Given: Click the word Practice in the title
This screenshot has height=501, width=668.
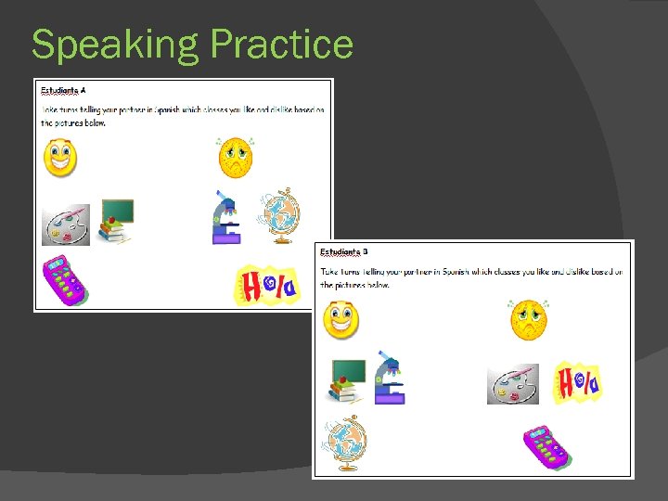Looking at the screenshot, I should (x=281, y=44).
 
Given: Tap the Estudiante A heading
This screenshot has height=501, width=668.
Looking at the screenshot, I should (x=63, y=90).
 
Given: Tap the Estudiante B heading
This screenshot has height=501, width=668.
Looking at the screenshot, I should (x=343, y=251).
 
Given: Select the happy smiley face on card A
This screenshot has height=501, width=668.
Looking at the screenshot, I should (x=61, y=158).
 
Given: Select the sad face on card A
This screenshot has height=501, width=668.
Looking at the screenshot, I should (x=235, y=157).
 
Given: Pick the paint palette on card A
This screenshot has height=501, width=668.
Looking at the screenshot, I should (x=66, y=225).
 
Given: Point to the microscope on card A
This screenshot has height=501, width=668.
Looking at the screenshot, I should (x=225, y=218).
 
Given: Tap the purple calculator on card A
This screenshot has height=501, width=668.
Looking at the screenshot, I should (x=66, y=279).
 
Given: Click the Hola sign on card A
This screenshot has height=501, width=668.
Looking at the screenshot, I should (x=266, y=284).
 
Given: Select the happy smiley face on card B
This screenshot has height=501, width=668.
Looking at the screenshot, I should (x=340, y=320).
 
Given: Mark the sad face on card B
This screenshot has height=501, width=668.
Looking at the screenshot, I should (x=528, y=319).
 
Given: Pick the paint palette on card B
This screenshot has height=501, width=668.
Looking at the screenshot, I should (x=512, y=384).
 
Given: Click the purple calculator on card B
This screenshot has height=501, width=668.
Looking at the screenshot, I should (x=546, y=446).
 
